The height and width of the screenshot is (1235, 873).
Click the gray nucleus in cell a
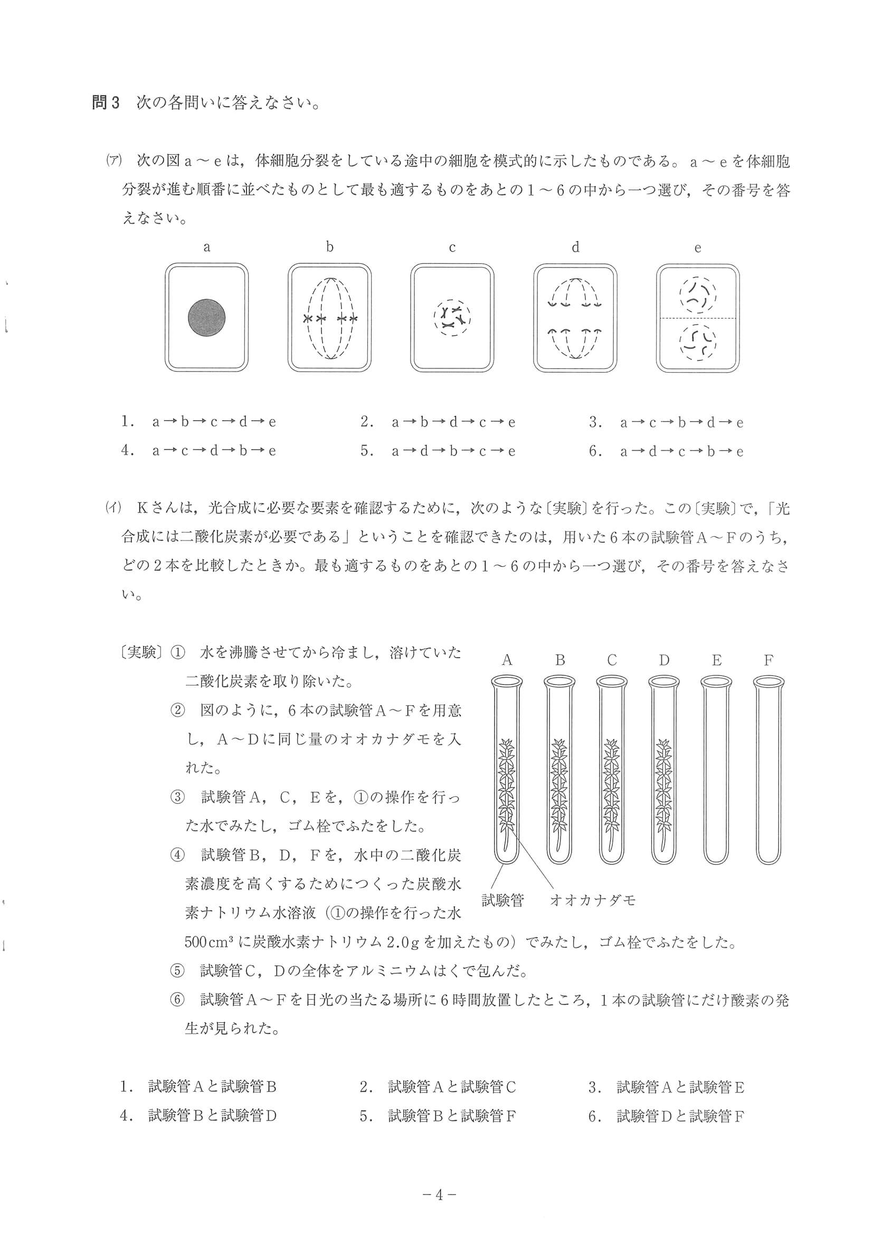coord(206,317)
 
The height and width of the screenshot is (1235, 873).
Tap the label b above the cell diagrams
coord(330,248)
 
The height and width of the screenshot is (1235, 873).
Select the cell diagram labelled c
coord(452,317)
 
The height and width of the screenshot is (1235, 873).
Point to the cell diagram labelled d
coord(575,317)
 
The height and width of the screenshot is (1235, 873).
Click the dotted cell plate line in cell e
coord(698,318)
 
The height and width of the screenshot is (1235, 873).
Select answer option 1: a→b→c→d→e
coord(198,422)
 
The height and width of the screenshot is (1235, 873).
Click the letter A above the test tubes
coord(507,661)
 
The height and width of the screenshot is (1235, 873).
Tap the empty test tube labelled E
coord(716,775)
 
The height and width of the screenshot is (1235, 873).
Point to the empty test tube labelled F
coord(768,775)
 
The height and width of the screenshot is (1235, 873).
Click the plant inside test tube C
coord(612,791)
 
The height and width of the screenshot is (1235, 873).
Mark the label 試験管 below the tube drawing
coord(502,900)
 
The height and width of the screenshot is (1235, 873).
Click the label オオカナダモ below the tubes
coord(592,900)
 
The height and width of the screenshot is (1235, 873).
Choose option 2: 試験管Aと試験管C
coord(438,1087)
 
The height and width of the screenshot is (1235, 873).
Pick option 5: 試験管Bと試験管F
coord(438,1116)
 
